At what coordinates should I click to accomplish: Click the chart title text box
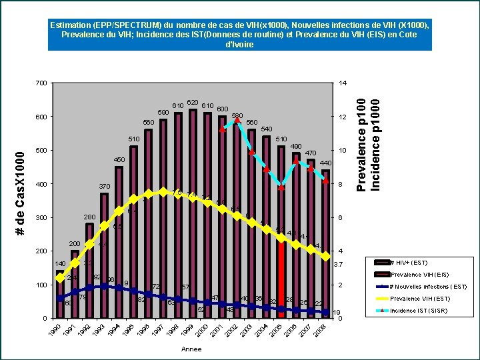point(239,35)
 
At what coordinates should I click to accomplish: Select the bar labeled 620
point(193,213)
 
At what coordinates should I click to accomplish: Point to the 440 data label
point(325,163)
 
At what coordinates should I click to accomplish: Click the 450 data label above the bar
point(119,160)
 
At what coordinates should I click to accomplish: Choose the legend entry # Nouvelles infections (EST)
point(427,287)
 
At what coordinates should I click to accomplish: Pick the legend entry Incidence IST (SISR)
point(418,311)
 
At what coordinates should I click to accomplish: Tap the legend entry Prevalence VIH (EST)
point(420,299)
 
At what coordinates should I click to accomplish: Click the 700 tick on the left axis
point(41,83)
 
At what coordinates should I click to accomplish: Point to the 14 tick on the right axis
point(343,83)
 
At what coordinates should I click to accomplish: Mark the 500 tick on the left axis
point(41,151)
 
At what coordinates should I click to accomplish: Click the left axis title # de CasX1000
point(21,193)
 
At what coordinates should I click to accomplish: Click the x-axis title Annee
point(191,349)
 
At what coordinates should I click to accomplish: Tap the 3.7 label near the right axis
point(337,265)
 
